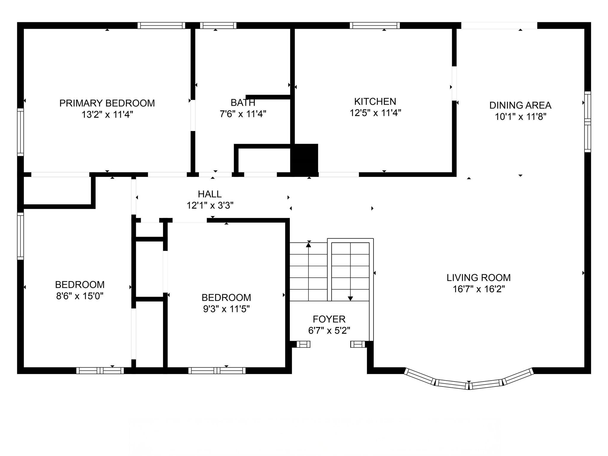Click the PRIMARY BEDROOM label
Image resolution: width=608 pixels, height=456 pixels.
107,103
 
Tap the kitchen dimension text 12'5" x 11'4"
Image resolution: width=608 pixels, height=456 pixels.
375,113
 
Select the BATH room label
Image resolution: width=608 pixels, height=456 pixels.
243,102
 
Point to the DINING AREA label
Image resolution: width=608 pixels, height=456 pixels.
520,105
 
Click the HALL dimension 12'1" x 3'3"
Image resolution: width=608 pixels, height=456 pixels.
210,205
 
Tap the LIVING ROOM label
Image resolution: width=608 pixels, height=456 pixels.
479,278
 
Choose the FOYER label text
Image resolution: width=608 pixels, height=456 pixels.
329,319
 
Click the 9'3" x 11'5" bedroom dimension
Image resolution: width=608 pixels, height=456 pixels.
226,309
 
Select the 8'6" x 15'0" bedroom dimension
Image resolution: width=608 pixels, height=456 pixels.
80,296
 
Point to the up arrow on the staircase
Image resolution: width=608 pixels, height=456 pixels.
308,245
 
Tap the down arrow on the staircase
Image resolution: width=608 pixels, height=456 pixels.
350,298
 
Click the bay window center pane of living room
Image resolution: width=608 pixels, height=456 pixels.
469,385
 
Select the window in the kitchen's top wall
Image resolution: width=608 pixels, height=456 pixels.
375,26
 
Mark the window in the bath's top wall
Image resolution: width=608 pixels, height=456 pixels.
218,26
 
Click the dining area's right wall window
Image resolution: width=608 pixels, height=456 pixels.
588,122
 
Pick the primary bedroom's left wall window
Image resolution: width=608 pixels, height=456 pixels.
20,132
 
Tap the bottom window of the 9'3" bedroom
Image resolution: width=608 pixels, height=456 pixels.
217,370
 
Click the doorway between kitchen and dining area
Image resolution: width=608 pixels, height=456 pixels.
454,83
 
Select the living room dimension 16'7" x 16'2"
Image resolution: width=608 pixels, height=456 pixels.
479,289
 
